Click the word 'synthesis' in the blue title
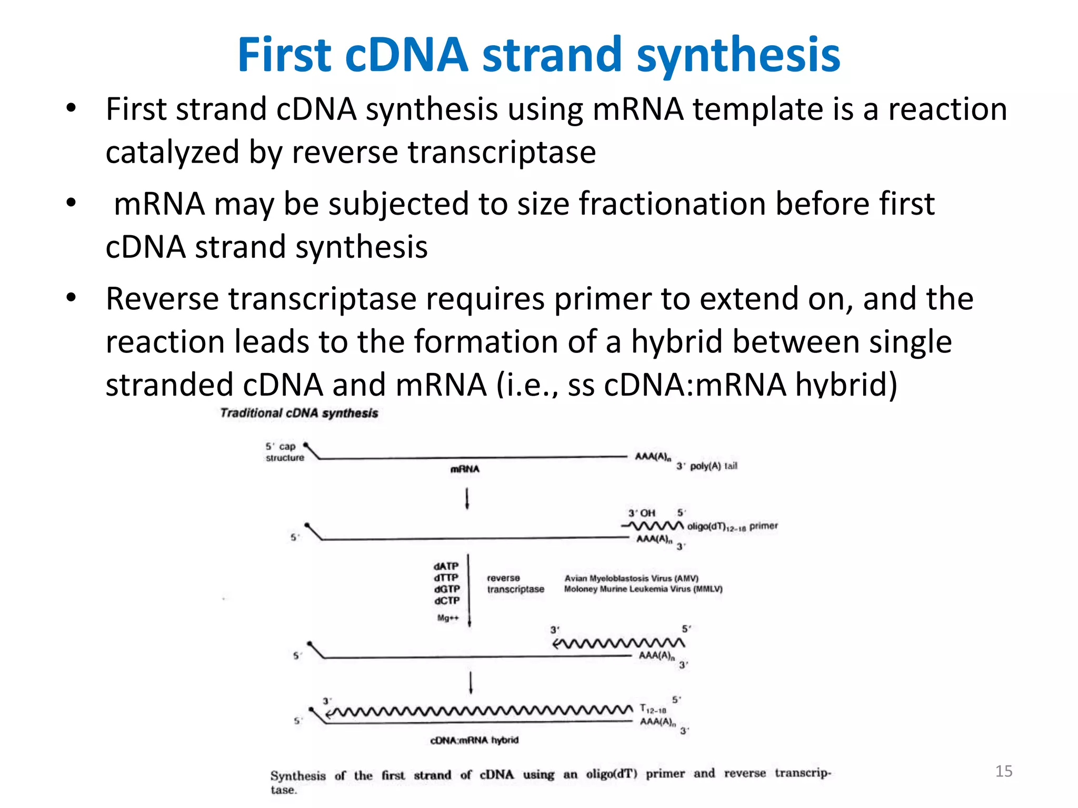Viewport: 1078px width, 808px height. [738, 56]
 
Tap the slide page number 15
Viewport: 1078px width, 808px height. [1004, 771]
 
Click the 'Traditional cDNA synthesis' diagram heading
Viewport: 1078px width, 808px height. [299, 413]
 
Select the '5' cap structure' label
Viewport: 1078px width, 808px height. [284, 452]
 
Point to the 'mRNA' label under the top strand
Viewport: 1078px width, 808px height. [465, 469]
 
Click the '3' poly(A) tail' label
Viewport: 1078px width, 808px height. [707, 466]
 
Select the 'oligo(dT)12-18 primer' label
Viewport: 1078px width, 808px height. [732, 526]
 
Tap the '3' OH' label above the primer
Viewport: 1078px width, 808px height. [642, 513]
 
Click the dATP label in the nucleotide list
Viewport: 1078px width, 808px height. [446, 566]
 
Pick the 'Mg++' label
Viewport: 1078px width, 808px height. [448, 618]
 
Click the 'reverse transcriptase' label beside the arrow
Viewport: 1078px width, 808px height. [515, 583]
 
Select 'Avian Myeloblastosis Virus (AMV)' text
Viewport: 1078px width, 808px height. [631, 578]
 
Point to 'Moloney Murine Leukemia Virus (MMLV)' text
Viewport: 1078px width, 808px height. [643, 589]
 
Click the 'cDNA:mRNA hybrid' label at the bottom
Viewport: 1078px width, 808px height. [474, 740]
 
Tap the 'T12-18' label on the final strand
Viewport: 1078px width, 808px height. [653, 709]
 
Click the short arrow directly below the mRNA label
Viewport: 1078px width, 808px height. [467, 498]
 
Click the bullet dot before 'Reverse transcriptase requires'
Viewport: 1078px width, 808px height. [71, 298]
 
